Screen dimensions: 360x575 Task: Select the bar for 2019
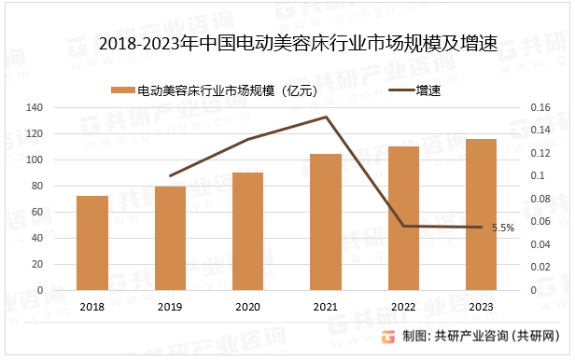pos(170,238)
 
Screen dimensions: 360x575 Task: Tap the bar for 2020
pos(248,231)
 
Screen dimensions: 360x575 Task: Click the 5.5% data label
pos(503,228)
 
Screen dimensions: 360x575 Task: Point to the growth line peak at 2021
pos(326,118)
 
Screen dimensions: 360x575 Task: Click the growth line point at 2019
pos(170,175)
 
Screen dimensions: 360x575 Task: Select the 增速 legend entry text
pos(428,90)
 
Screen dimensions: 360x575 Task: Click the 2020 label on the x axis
pos(248,306)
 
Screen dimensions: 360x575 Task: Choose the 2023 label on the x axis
pos(481,306)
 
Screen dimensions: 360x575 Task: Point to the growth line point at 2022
pos(403,226)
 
